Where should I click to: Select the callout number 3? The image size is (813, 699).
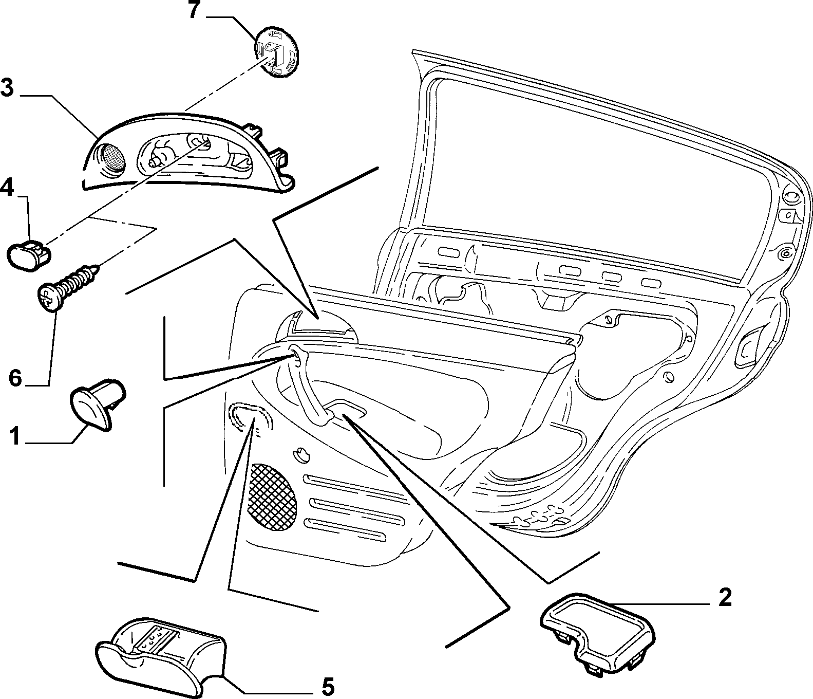7,87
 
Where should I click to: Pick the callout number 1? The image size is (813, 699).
15,436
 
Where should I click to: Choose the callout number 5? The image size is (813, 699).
327,686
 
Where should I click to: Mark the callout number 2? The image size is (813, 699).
724,597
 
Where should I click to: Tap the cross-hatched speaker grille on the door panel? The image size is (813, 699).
273,496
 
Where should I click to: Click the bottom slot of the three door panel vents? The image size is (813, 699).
344,530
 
